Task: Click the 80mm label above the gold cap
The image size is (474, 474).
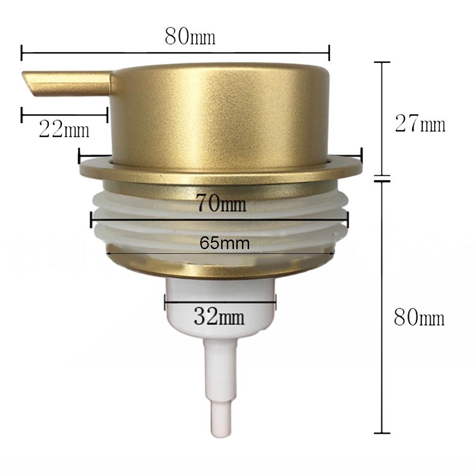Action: point(190,37)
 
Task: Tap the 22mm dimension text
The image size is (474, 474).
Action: point(64,129)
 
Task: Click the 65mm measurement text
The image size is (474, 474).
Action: point(224,243)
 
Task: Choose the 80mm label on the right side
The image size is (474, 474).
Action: point(420,318)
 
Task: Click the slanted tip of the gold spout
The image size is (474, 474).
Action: point(29,85)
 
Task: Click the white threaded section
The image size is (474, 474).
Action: point(142,227)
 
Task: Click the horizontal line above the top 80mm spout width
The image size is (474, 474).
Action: point(175,52)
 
